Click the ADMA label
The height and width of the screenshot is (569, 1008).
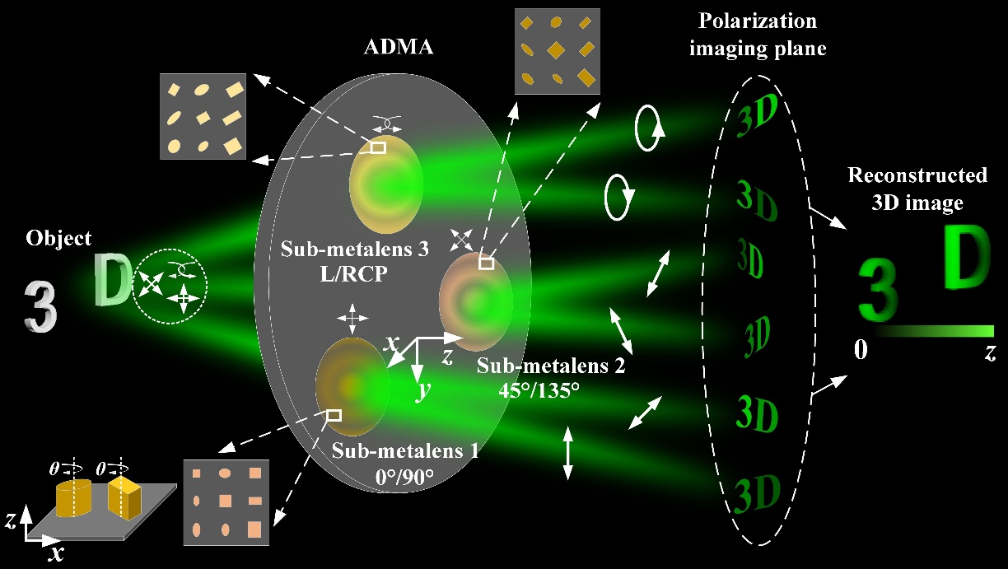point(399,47)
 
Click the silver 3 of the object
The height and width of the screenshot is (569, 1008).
point(40,306)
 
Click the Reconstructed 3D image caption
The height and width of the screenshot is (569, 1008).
point(917,184)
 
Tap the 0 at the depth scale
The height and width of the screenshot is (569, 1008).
point(861,350)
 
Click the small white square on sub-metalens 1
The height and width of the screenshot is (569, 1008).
point(334,416)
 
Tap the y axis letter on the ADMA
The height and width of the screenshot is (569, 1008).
point(423,390)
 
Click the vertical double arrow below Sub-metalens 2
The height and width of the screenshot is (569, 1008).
point(567,454)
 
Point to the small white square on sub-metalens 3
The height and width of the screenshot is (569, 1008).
point(377,147)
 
